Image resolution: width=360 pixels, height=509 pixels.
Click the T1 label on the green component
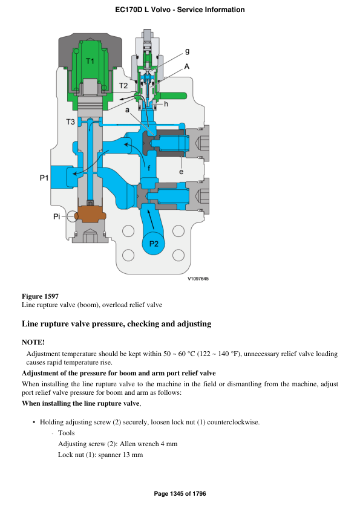click(90, 62)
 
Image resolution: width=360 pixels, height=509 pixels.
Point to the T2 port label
click(123, 86)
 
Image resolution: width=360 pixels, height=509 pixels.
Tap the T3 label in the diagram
click(70, 122)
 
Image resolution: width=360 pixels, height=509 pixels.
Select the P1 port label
click(43, 178)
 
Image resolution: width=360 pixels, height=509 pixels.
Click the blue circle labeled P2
click(154, 244)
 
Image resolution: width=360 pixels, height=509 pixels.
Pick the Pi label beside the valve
click(56, 216)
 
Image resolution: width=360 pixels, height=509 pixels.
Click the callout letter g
click(188, 52)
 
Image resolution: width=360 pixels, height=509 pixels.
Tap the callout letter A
click(187, 67)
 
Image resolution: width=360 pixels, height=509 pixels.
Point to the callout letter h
click(166, 104)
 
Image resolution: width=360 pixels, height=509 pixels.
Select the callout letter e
click(181, 172)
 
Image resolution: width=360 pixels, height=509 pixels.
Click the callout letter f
click(149, 167)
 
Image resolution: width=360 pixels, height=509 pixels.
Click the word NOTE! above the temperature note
click(33, 342)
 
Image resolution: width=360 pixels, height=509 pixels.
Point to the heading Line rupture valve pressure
click(116, 324)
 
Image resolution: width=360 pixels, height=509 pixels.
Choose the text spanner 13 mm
click(120, 454)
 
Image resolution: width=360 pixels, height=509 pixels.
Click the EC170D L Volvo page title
click(180, 10)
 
